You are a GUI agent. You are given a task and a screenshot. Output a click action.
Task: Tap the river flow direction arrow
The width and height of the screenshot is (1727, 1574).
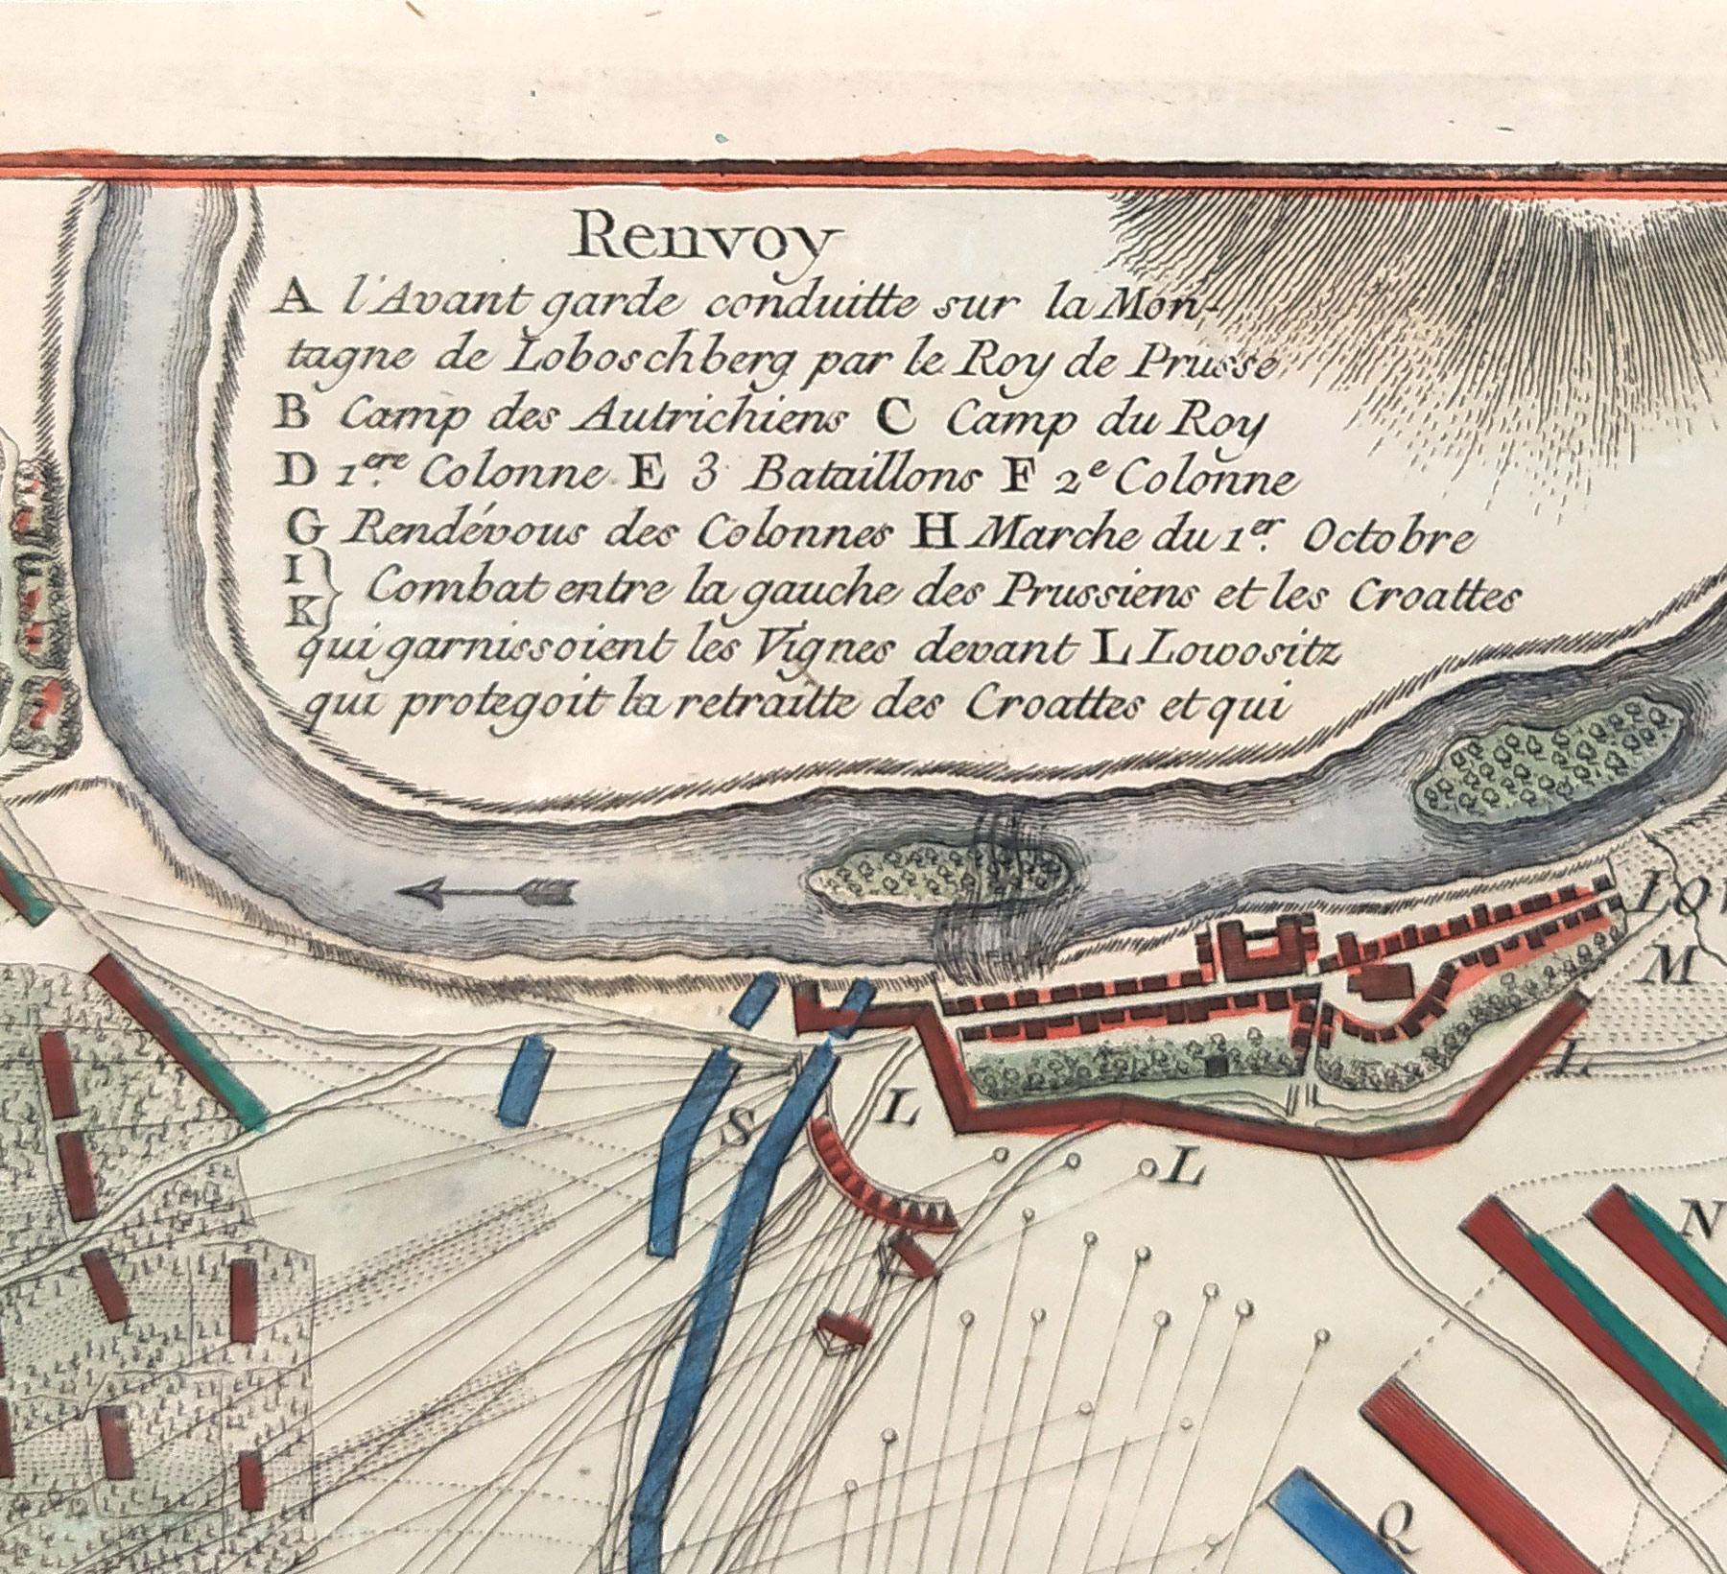click(x=486, y=891)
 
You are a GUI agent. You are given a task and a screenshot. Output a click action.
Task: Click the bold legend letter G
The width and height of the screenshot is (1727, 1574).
click(x=303, y=527)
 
